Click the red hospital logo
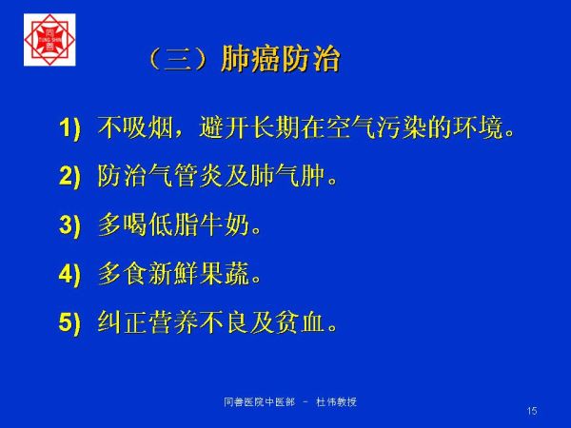tap(49, 40)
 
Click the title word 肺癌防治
tap(281, 59)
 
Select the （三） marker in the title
tap(179, 59)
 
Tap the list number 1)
tap(69, 128)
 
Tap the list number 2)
tap(69, 176)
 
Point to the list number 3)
tap(69, 224)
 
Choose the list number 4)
tap(69, 273)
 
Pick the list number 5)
tap(69, 321)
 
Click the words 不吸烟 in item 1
tap(135, 127)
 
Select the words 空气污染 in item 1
tap(377, 127)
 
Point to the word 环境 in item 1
tap(478, 127)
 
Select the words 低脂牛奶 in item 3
tap(199, 224)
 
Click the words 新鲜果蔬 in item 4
tap(199, 273)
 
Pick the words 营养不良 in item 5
tap(199, 321)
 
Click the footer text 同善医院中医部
tap(259, 402)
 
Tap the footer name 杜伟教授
tap(337, 402)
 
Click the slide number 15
tap(532, 411)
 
